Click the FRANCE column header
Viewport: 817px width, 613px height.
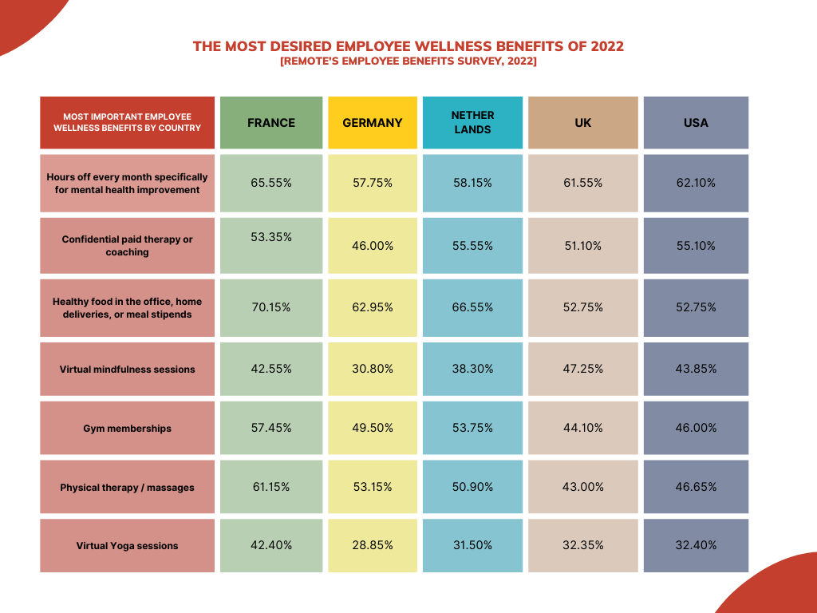tap(271, 123)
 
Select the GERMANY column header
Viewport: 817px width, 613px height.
tap(373, 123)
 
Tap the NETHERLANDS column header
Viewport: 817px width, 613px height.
tap(472, 122)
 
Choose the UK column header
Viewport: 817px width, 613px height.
tap(583, 123)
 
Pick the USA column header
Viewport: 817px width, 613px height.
tap(696, 123)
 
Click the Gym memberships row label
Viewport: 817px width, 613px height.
tap(128, 429)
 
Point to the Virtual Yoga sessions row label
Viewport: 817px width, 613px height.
tap(128, 546)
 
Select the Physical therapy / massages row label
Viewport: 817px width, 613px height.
tap(128, 488)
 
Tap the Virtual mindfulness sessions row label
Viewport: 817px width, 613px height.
tap(128, 370)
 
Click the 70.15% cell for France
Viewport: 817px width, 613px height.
tap(271, 307)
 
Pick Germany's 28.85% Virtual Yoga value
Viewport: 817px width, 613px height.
tap(373, 545)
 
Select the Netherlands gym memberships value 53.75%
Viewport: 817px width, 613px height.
tap(472, 428)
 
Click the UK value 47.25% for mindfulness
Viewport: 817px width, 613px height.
tap(583, 369)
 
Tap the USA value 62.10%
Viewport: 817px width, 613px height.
tap(696, 183)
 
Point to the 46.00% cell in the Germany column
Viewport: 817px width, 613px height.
tap(373, 246)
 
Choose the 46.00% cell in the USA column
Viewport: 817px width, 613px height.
tap(696, 428)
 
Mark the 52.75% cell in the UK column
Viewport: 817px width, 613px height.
tap(583, 307)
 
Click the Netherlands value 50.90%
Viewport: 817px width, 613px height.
tap(472, 487)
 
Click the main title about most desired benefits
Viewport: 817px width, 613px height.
tap(408, 46)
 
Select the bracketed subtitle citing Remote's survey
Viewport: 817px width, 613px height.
tap(408, 61)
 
